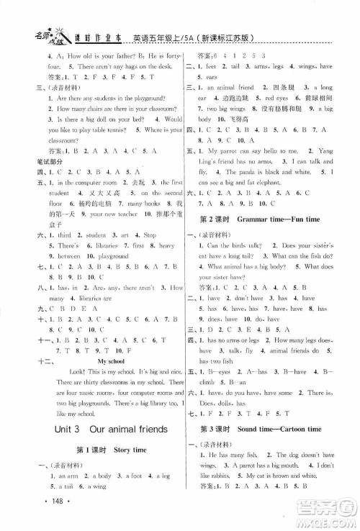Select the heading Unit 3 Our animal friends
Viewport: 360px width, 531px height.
[98, 430]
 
